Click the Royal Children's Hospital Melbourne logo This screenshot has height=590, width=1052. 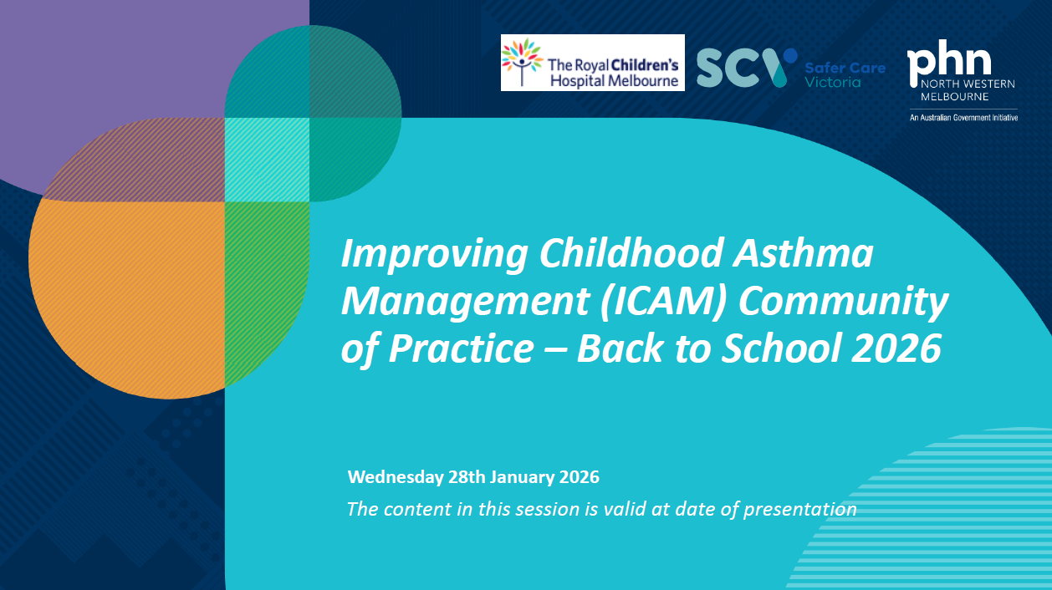point(592,63)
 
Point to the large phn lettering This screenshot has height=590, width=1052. point(949,61)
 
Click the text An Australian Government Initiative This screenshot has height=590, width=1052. point(963,118)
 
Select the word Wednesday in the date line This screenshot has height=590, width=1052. point(395,478)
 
